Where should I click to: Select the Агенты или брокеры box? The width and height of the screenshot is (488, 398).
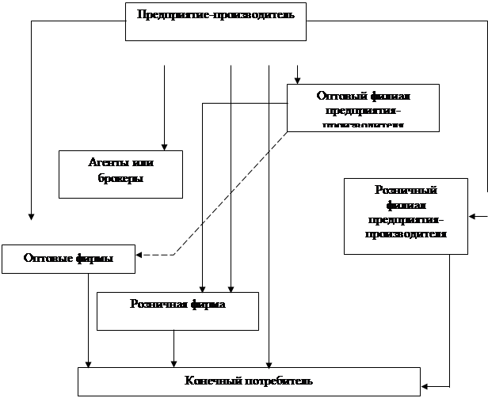(x=120, y=173)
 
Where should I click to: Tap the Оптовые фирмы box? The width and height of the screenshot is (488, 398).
(x=68, y=260)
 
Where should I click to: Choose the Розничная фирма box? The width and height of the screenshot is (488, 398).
(x=177, y=310)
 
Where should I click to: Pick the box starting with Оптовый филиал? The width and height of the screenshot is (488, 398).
(x=363, y=108)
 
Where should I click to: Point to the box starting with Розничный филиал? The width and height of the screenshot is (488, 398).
(x=406, y=215)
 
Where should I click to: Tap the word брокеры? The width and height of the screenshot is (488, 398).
(x=120, y=180)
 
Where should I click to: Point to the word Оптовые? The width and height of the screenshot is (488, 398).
(x=44, y=259)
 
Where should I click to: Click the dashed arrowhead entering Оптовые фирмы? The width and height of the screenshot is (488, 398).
(x=140, y=255)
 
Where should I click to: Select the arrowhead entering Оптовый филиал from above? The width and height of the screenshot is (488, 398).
(x=297, y=80)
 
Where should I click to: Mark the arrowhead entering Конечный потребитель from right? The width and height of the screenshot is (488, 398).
(x=424, y=386)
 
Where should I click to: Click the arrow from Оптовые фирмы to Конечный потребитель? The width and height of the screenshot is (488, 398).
(x=88, y=320)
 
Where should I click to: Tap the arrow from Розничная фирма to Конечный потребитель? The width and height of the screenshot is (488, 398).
(x=173, y=348)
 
